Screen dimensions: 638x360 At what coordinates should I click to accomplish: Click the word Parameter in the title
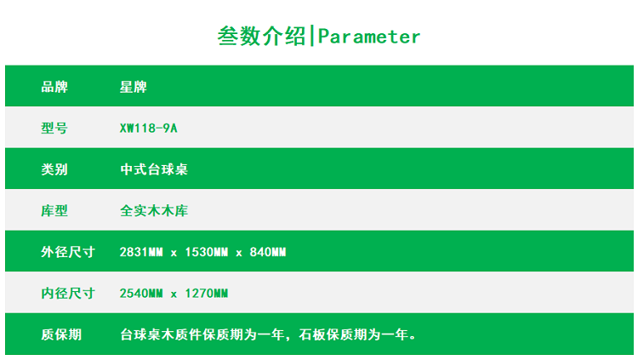pyautogui.click(x=368, y=37)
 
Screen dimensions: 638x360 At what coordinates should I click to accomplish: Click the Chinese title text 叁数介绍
pyautogui.click(x=261, y=36)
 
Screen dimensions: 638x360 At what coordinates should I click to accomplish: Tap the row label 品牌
pyautogui.click(x=54, y=87)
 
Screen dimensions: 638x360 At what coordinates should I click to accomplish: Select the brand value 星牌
pyautogui.click(x=133, y=87)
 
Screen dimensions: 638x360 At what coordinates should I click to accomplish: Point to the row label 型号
pyautogui.click(x=54, y=129)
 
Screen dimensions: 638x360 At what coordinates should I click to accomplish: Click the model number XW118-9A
pyautogui.click(x=149, y=129)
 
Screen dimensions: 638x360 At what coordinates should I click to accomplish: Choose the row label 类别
pyautogui.click(x=54, y=169)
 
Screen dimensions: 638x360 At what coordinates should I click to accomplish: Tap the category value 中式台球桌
pyautogui.click(x=154, y=169)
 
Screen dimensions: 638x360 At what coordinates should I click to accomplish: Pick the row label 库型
pyautogui.click(x=54, y=211)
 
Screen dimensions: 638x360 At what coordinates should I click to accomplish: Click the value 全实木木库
pyautogui.click(x=154, y=211)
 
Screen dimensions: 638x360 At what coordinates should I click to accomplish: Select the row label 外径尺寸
pyautogui.click(x=68, y=252)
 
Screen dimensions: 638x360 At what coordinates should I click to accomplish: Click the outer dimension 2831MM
pyautogui.click(x=141, y=252)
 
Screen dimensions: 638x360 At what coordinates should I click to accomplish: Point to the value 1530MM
pyautogui.click(x=207, y=252)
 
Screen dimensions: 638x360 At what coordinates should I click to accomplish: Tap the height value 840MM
pyautogui.click(x=268, y=252)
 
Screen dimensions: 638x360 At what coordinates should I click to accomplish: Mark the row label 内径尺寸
pyautogui.click(x=68, y=294)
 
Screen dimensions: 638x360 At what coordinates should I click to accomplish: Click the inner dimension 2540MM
pyautogui.click(x=141, y=294)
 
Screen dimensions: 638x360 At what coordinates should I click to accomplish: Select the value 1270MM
pyautogui.click(x=207, y=294)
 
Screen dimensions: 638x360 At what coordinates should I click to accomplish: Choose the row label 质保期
pyautogui.click(x=61, y=334)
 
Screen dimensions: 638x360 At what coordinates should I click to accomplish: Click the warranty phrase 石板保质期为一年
pyautogui.click(x=354, y=334)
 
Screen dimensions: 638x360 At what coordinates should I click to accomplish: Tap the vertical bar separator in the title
pyautogui.click(x=311, y=36)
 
